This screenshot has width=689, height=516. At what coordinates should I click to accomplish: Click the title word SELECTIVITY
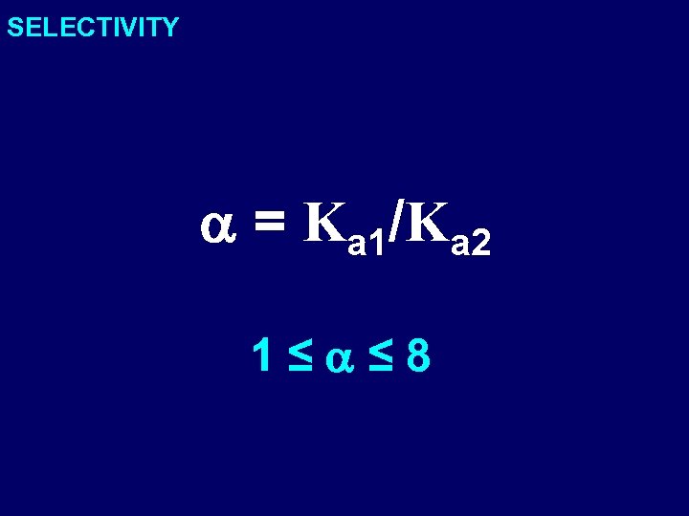93,27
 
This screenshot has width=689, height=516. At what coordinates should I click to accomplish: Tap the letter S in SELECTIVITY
15,27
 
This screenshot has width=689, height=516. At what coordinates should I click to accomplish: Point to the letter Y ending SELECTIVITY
169,27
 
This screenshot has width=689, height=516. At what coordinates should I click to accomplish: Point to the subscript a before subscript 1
358,246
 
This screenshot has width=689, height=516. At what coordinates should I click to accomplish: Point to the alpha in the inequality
340,360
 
